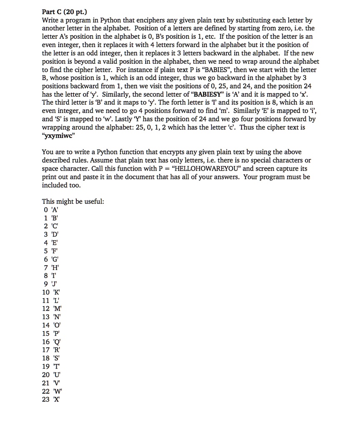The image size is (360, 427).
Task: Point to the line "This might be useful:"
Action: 73,202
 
